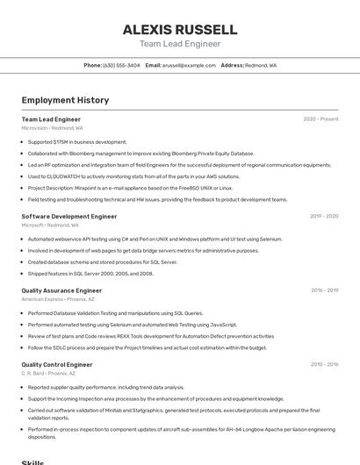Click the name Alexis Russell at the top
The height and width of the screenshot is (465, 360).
[x=180, y=29]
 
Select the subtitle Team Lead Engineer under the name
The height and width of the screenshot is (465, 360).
[x=180, y=44]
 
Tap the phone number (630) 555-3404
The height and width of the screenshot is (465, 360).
[x=121, y=65]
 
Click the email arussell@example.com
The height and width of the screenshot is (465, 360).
[x=189, y=65]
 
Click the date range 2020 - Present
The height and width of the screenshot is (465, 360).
[x=320, y=119]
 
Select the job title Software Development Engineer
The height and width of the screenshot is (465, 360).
[x=69, y=216]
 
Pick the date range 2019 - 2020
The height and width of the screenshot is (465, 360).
[x=324, y=216]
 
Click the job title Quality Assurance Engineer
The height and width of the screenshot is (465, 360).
[x=61, y=290]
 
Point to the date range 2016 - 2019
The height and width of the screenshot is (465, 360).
[x=324, y=290]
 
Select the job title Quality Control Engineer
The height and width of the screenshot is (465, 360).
[x=57, y=364]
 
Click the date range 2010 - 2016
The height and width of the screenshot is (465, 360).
[x=324, y=364]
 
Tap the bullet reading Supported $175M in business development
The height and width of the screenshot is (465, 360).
[x=77, y=141]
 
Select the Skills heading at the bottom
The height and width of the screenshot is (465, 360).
[x=33, y=461]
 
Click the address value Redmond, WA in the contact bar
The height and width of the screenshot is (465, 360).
[x=261, y=65]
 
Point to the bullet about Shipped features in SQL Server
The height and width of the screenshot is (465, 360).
[x=90, y=273]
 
